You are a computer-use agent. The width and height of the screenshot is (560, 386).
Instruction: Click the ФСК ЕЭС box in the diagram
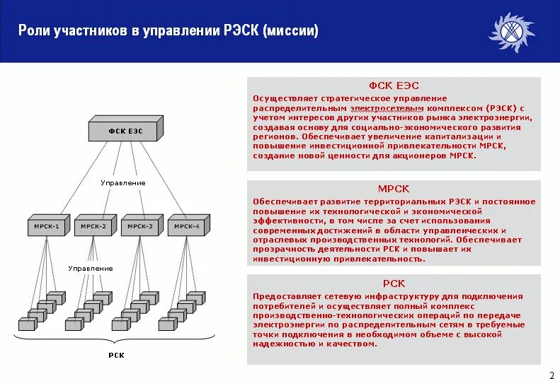(125, 131)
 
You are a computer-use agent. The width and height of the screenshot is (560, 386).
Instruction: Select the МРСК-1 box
(47, 226)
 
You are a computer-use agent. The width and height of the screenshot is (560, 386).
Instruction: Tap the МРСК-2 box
(93, 226)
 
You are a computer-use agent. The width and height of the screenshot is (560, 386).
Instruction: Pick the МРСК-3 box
(140, 226)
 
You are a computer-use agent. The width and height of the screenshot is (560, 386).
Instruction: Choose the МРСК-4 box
(187, 226)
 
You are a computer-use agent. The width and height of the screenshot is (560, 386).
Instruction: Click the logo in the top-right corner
(511, 32)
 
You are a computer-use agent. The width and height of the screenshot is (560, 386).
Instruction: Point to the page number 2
(552, 375)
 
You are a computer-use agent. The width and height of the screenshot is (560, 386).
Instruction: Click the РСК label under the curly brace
(116, 356)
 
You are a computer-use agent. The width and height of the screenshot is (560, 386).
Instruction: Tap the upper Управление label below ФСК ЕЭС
(122, 183)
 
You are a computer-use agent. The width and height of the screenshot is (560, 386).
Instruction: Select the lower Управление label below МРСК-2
(90, 269)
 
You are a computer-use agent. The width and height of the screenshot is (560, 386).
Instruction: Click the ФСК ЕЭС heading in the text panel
(394, 86)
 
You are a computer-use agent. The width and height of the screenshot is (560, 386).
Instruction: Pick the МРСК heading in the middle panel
(394, 189)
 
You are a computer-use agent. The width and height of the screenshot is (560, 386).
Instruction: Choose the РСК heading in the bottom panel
(394, 283)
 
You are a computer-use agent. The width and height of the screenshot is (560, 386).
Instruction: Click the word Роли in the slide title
(32, 31)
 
